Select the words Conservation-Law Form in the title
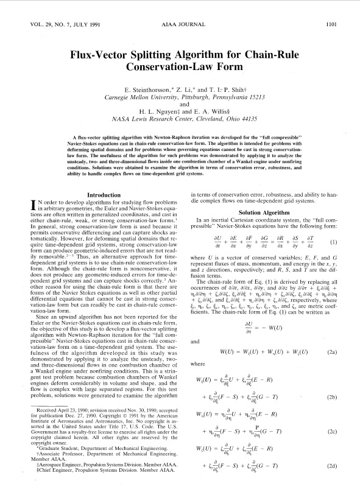coord(181,66)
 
